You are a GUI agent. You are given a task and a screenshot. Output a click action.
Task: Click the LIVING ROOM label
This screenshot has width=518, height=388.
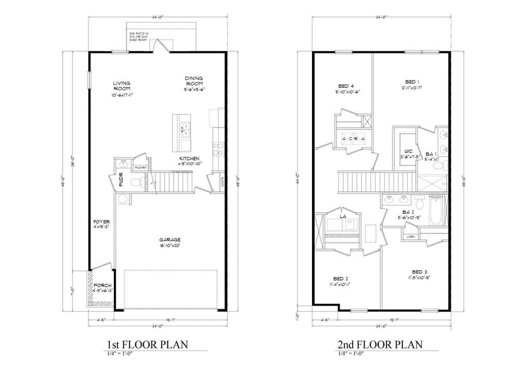pos(121,86)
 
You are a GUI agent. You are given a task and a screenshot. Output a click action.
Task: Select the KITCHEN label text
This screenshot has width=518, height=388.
pos(190,158)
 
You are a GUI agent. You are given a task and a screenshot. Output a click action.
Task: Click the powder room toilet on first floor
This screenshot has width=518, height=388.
pos(136,183)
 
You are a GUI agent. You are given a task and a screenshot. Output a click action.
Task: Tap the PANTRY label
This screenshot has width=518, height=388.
pos(140,167)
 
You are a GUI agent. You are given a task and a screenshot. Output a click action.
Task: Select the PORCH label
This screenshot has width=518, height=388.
pos(102,286)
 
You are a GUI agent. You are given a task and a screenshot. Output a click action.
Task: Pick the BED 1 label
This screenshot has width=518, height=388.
pos(412,82)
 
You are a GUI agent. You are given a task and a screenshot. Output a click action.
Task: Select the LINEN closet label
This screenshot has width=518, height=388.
pos(411,237)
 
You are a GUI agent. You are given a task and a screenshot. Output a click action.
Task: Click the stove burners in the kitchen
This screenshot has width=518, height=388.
pos(218,149)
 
